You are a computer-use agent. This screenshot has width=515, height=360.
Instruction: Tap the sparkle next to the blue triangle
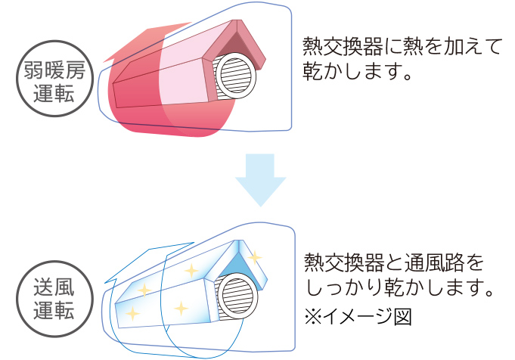(x=256, y=257)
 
